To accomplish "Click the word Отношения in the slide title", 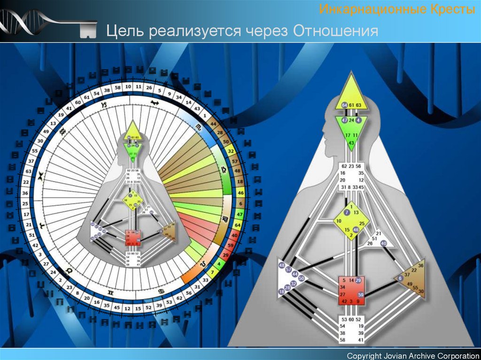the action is coord(336,31).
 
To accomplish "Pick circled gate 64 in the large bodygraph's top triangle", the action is coord(345,105).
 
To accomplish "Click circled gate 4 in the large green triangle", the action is coord(359,120).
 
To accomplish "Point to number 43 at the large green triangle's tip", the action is coord(351,142).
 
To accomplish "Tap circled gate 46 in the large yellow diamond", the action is coord(356,230).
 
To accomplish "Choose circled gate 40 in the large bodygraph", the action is coord(383,244).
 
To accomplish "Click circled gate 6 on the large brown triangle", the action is coord(400,278).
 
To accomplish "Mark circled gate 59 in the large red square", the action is coord(361,295).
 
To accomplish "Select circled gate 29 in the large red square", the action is coord(358,280).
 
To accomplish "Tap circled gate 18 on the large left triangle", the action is coord(281,292).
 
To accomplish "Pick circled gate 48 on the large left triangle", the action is coord(282,266).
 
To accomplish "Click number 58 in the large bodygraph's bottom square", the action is coord(342,339).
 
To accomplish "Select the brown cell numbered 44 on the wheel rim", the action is coord(212,123).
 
